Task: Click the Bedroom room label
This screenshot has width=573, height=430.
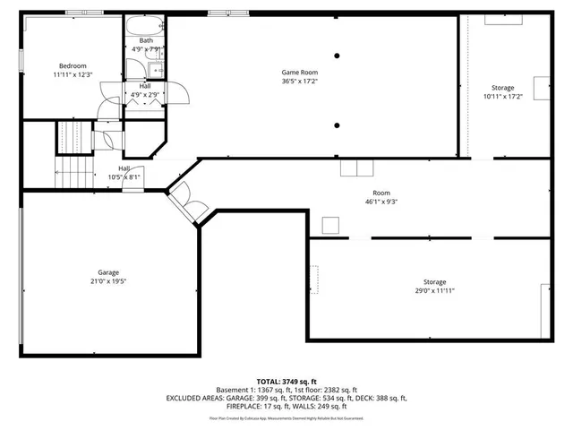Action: [73, 65]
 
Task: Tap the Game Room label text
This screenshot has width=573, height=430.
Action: [300, 72]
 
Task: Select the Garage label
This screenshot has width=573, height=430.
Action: [108, 272]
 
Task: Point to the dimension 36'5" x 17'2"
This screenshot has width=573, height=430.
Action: [300, 82]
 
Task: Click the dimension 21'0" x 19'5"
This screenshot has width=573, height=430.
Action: [108, 281]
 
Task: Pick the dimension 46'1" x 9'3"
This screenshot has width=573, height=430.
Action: [381, 202]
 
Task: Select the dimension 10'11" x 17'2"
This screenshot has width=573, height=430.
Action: [502, 97]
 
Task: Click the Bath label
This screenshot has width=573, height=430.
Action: [145, 40]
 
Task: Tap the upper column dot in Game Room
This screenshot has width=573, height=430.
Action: [337, 56]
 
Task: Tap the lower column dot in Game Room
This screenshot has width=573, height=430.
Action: [337, 125]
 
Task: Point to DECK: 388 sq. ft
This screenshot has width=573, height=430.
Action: [381, 398]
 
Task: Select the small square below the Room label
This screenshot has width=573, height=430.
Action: [331, 225]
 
